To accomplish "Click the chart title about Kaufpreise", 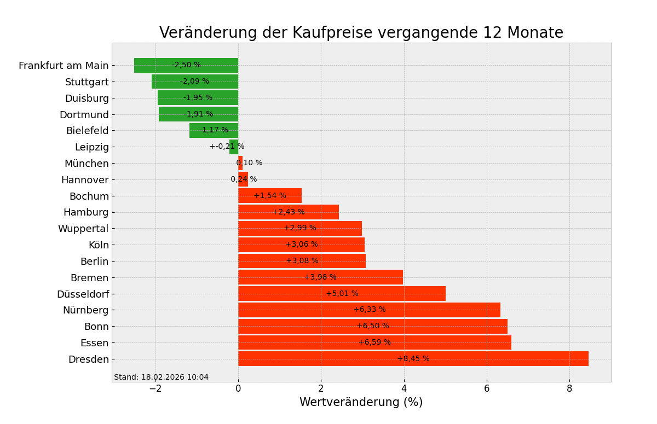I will tap(361, 33).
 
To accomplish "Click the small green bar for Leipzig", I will tap(234, 147).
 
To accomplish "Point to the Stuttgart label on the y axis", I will tap(87, 82).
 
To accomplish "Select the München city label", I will tap(87, 164).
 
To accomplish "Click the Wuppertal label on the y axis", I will tap(83, 229).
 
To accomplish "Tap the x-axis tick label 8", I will tap(569, 388).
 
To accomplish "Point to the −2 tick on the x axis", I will tap(155, 388).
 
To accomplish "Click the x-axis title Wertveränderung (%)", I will tap(361, 403).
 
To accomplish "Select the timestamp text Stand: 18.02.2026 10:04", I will tap(161, 377).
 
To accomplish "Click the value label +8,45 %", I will tap(413, 359).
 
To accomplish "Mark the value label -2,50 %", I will tap(186, 65).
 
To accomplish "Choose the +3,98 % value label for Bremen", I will tap(320, 277).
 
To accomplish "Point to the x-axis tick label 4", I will tap(404, 388).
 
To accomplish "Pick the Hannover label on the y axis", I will tap(85, 180).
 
